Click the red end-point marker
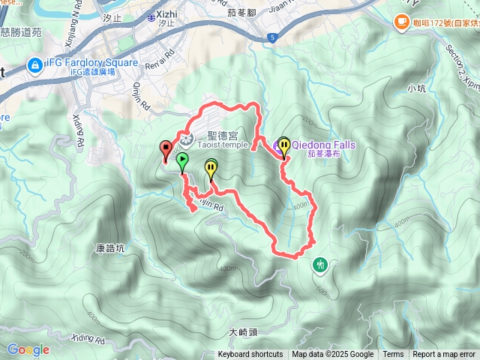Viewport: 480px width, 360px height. [165, 148]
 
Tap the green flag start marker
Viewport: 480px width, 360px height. [181, 160]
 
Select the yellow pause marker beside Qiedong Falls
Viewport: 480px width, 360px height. [284, 145]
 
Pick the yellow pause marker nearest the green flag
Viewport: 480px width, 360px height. [211, 168]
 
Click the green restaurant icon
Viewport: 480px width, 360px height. [320, 264]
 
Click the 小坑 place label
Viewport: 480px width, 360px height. [417, 88]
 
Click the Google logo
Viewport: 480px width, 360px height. [28, 349]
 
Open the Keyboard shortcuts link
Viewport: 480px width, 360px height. [250, 355]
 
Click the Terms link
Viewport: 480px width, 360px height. [393, 355]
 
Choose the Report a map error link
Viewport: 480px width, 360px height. [445, 355]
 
